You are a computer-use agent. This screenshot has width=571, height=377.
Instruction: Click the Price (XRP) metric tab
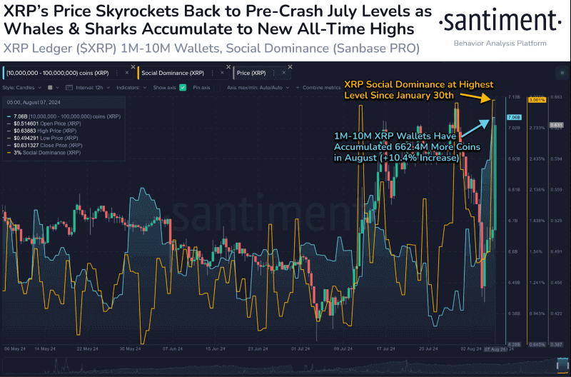click(x=256, y=73)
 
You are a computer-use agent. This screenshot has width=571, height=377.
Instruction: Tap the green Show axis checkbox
click(x=183, y=87)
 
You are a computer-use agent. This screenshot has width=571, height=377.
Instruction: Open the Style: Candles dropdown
click(x=21, y=87)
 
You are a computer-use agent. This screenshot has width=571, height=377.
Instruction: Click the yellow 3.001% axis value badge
click(x=536, y=100)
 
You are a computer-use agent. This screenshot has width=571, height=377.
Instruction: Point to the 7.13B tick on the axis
click(x=513, y=96)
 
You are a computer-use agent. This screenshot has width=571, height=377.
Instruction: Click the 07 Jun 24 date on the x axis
click(x=173, y=349)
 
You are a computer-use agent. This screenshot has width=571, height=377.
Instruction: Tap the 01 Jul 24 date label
click(x=299, y=349)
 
